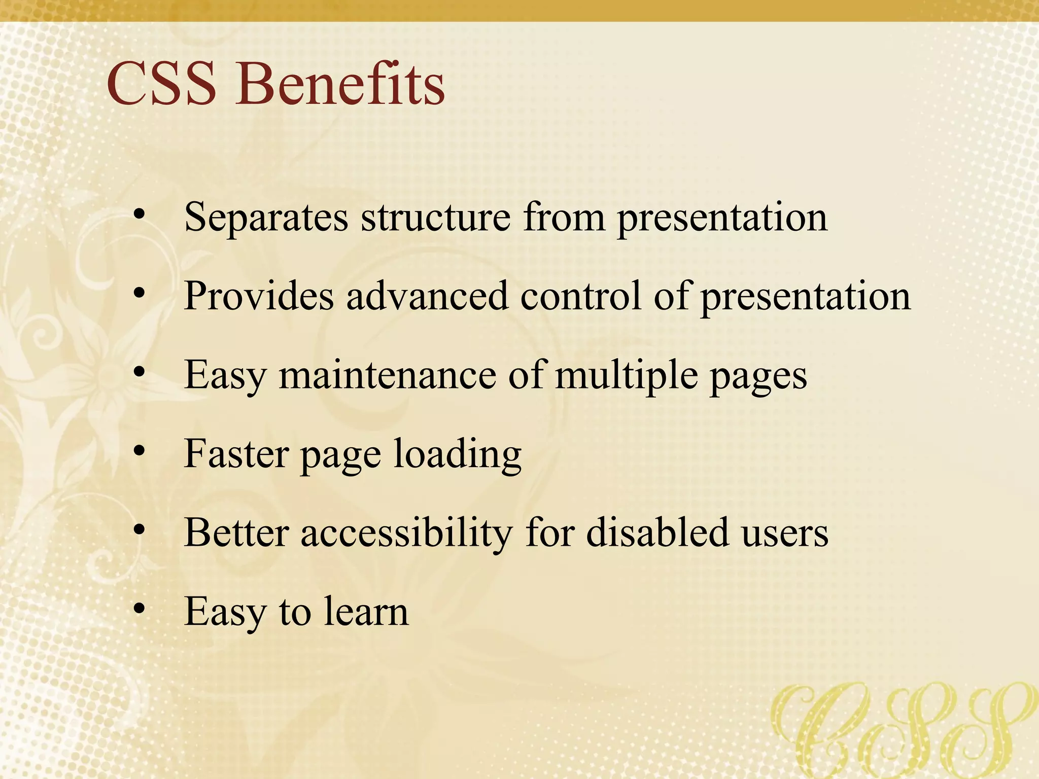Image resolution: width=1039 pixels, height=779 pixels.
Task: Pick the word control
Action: tap(580, 296)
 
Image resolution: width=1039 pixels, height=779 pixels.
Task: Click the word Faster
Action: tap(236, 454)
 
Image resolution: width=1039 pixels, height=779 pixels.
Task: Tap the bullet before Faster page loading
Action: tap(140, 450)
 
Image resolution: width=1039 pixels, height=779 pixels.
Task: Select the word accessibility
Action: tap(406, 534)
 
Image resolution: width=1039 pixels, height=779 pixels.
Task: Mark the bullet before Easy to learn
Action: tap(140, 608)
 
